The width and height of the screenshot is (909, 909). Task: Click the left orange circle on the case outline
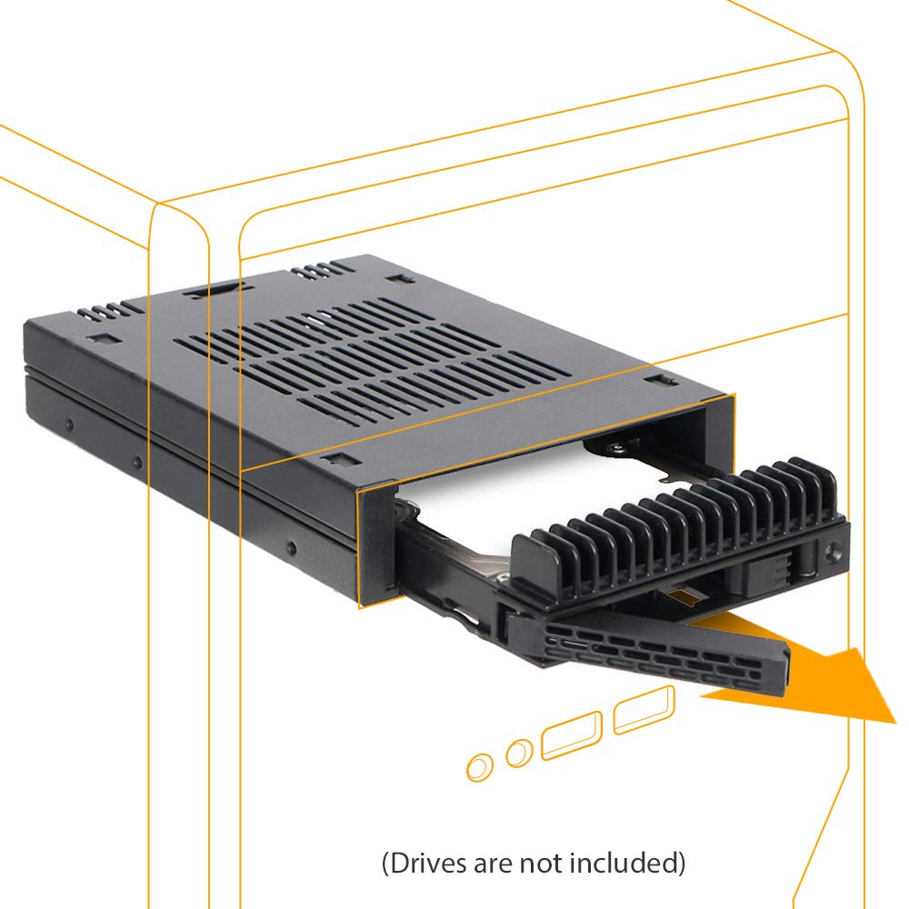[x=479, y=767]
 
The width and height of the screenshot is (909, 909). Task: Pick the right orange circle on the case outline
[x=519, y=752]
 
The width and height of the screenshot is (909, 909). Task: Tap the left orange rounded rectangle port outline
[x=572, y=734]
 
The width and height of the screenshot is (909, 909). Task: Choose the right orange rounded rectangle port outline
[x=644, y=711]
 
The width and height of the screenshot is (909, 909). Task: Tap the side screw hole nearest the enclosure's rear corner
[x=69, y=424]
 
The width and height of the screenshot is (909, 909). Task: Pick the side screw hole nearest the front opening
[x=291, y=547]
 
